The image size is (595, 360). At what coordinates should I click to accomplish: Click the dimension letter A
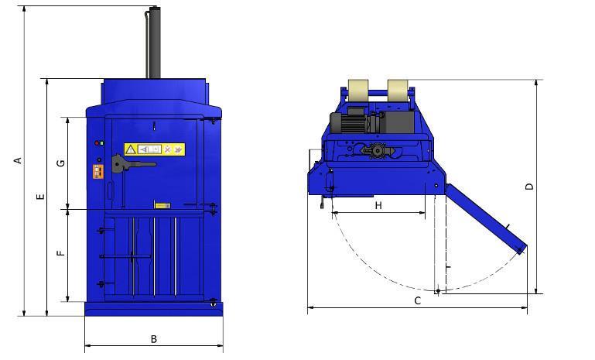[18, 160]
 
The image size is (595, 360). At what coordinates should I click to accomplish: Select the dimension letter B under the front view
[154, 339]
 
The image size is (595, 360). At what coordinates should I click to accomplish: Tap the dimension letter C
[418, 300]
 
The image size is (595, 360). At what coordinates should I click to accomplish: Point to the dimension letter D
[529, 187]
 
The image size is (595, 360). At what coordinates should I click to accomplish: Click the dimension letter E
[40, 197]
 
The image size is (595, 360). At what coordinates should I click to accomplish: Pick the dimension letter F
[61, 253]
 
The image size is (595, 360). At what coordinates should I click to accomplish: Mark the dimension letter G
[61, 163]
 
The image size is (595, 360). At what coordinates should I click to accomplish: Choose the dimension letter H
[378, 205]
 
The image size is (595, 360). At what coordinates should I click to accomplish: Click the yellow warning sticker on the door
[154, 149]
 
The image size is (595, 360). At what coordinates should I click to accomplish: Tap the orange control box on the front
[98, 171]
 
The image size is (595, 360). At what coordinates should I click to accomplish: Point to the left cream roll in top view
[359, 91]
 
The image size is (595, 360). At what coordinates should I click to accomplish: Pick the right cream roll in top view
[399, 91]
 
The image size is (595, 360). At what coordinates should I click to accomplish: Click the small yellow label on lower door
[162, 205]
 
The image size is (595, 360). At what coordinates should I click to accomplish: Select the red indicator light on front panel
[97, 143]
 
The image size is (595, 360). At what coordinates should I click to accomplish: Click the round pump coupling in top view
[377, 152]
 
